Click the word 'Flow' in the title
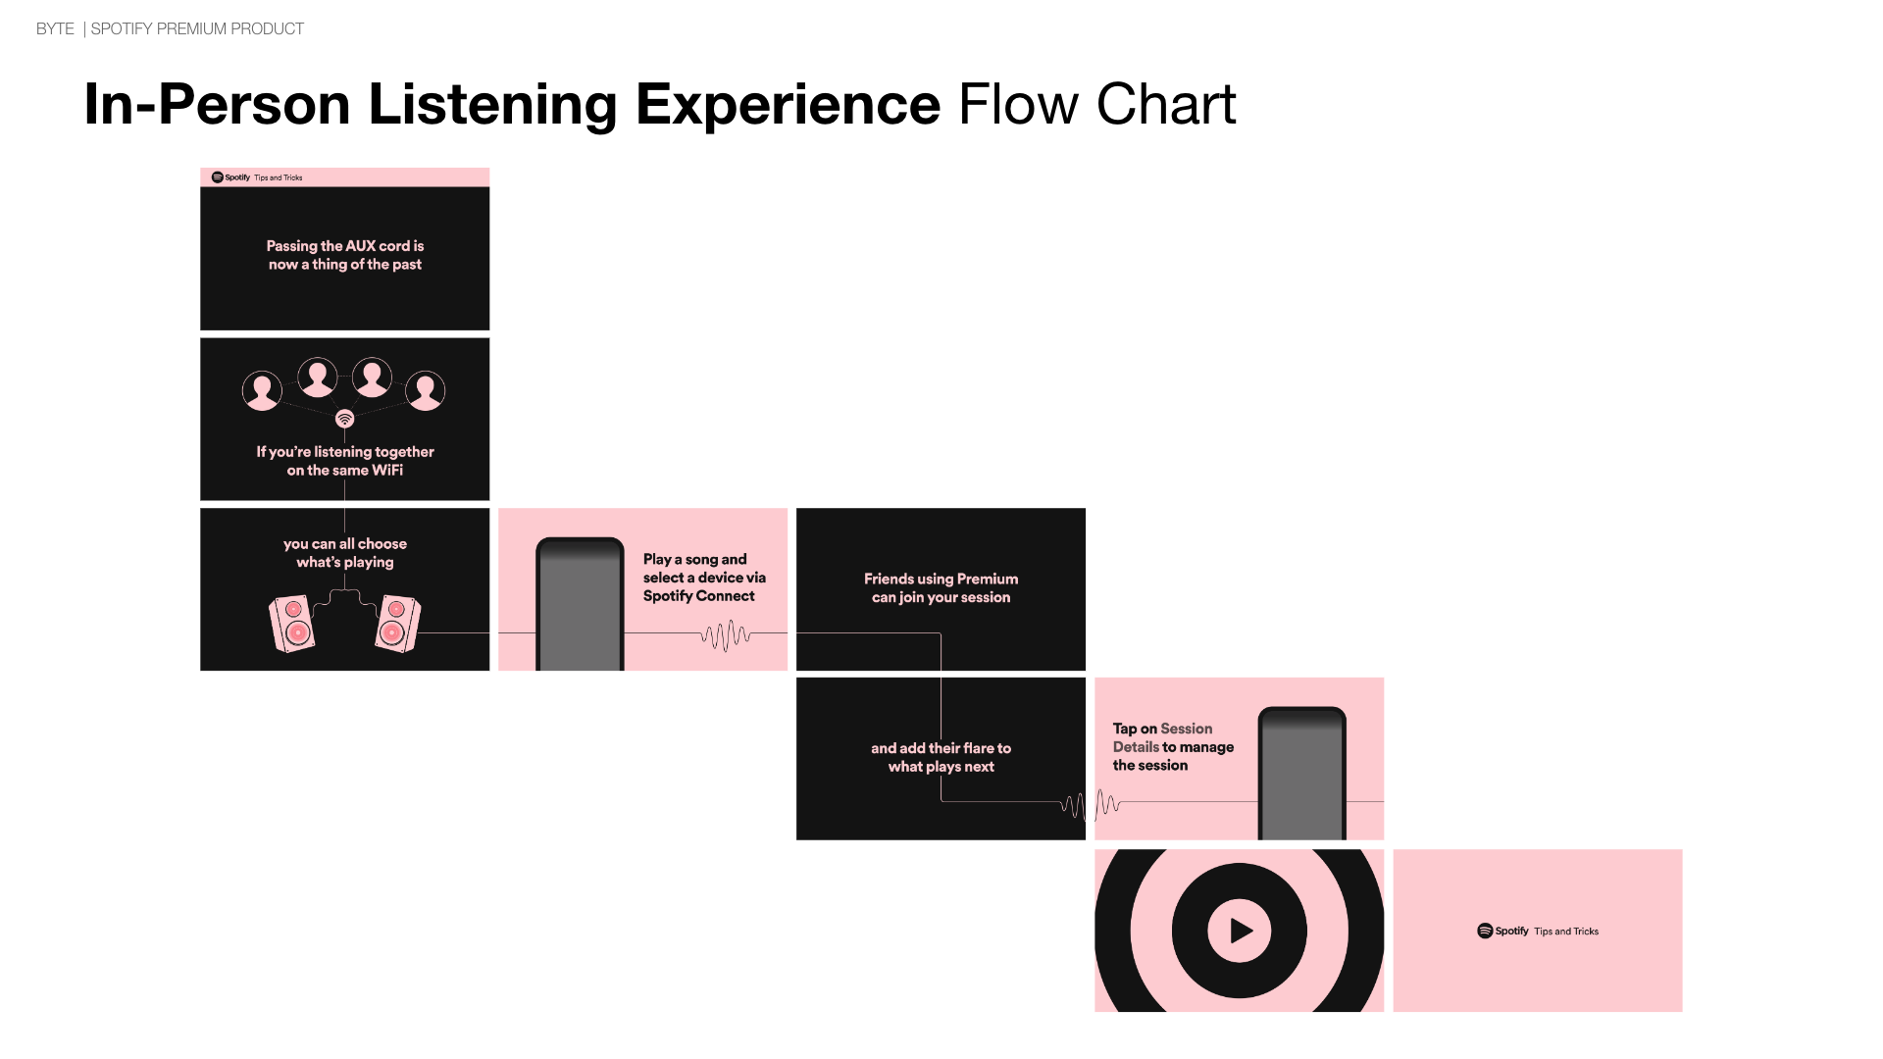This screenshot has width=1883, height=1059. (1018, 104)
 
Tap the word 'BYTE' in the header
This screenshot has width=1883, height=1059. (55, 29)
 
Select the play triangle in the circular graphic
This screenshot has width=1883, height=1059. (1242, 931)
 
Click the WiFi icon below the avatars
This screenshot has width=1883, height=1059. (344, 419)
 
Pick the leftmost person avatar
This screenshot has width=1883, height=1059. (262, 391)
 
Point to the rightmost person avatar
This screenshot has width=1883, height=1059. (426, 391)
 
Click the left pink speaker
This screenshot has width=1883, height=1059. (292, 624)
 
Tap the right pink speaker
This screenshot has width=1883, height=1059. (397, 624)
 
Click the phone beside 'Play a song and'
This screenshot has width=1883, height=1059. (580, 604)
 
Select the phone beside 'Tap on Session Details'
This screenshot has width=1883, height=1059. (1302, 773)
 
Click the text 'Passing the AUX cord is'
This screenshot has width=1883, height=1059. (345, 246)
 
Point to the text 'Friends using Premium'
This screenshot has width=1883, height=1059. (941, 579)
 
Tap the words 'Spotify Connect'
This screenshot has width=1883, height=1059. (699, 596)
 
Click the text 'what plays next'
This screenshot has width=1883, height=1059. (941, 767)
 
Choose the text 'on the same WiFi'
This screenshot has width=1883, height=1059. (345, 471)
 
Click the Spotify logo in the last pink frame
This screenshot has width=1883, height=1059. (1485, 931)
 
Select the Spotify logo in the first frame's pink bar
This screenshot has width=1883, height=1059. (217, 177)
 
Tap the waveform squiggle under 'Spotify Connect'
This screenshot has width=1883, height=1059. (726, 635)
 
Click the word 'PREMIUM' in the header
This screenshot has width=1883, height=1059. (192, 29)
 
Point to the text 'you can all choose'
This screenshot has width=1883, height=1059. (345, 544)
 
